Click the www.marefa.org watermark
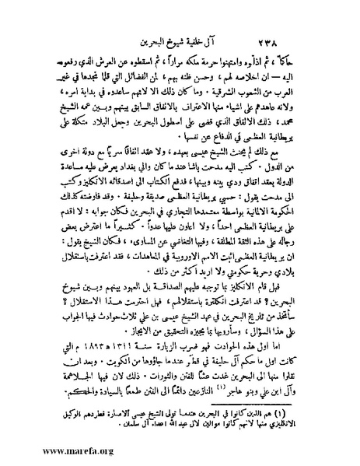tap(48, 449)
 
